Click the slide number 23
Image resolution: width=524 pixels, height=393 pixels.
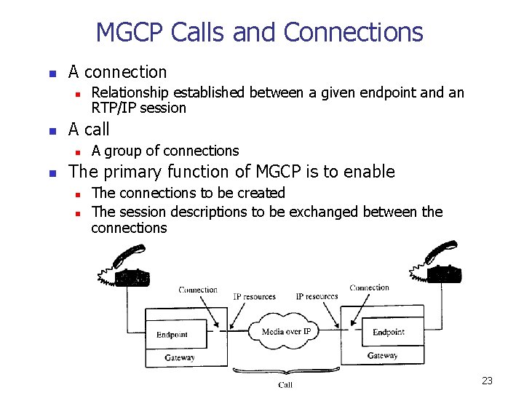tap(487, 381)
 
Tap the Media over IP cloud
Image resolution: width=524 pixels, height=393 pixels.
tap(285, 332)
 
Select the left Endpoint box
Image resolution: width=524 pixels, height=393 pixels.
tap(172, 335)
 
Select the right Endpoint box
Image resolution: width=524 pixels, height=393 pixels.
tap(388, 333)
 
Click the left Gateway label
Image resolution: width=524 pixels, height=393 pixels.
tap(179, 357)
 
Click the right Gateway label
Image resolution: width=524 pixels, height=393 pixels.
tap(382, 355)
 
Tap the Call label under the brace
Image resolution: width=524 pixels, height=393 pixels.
tap(285, 385)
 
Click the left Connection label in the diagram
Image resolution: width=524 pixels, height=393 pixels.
tap(198, 290)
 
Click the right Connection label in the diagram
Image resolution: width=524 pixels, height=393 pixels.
tap(369, 287)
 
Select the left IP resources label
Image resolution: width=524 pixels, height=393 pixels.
tap(254, 297)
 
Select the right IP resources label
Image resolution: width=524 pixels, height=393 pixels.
tap(317, 296)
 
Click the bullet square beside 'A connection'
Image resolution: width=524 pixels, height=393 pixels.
tap(51, 74)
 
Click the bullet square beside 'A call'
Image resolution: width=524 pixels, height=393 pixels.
tap(51, 131)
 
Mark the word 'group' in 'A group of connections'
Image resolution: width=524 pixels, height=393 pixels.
tap(123, 151)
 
